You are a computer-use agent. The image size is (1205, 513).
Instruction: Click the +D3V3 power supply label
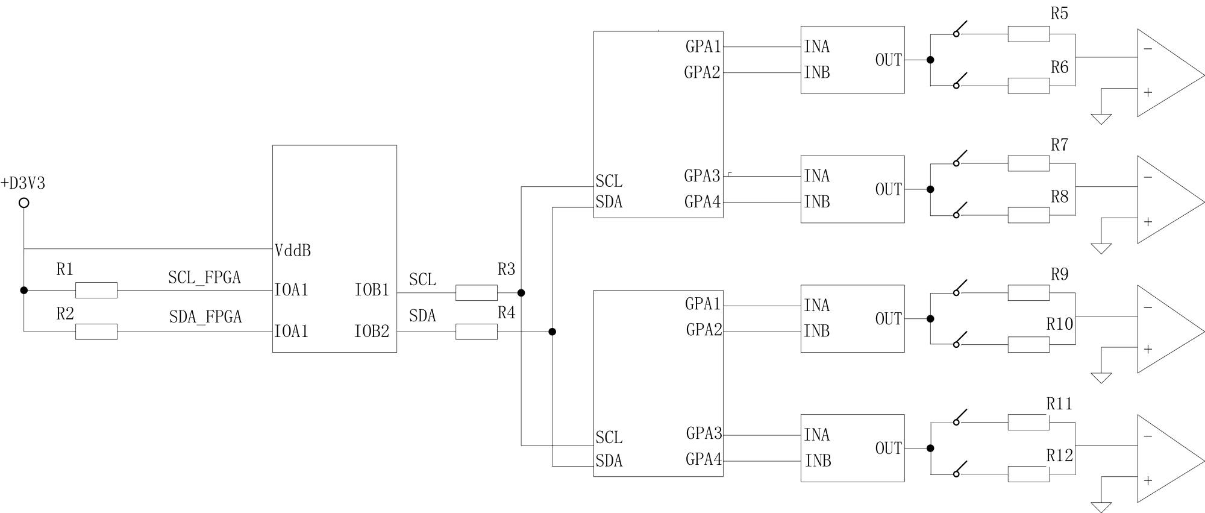(x=23, y=183)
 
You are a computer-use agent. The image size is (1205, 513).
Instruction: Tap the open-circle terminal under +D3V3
(x=24, y=203)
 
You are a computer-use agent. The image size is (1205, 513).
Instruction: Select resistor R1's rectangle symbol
(x=96, y=290)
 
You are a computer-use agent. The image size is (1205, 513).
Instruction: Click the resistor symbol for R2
(x=96, y=332)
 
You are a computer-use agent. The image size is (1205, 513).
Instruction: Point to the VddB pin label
(x=293, y=251)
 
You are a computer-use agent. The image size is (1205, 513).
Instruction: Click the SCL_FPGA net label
(x=204, y=277)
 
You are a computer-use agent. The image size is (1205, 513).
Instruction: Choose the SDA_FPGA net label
(x=205, y=317)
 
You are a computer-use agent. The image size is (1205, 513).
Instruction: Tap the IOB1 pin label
(x=372, y=290)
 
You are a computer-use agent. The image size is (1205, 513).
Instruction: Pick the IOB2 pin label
(x=372, y=331)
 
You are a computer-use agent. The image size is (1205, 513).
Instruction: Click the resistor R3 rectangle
(x=477, y=293)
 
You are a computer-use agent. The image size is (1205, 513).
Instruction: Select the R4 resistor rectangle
(x=477, y=332)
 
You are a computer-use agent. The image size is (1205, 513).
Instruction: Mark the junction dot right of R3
(x=521, y=293)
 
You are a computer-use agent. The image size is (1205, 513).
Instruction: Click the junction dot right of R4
(x=552, y=332)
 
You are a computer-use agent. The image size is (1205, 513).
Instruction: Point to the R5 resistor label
(x=1059, y=13)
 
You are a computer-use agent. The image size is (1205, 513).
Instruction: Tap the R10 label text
(x=1059, y=324)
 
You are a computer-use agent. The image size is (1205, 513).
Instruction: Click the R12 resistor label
(x=1059, y=456)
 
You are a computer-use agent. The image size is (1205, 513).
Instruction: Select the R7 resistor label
(x=1059, y=145)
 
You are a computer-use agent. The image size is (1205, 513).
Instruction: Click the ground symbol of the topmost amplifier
(x=1101, y=119)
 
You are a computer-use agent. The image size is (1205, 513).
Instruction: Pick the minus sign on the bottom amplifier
(x=1148, y=436)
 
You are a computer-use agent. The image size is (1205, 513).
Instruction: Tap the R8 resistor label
(x=1059, y=197)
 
